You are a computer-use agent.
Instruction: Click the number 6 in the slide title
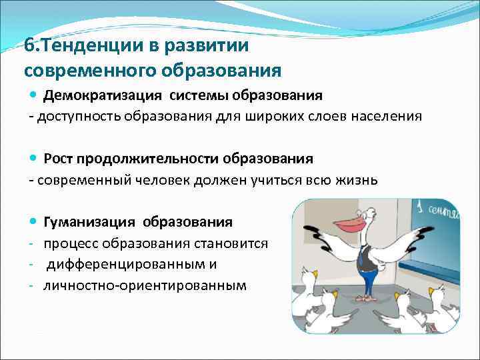tap(28, 46)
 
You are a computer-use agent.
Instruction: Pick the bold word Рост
tap(58, 159)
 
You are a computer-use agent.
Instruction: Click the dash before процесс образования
tap(31, 243)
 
